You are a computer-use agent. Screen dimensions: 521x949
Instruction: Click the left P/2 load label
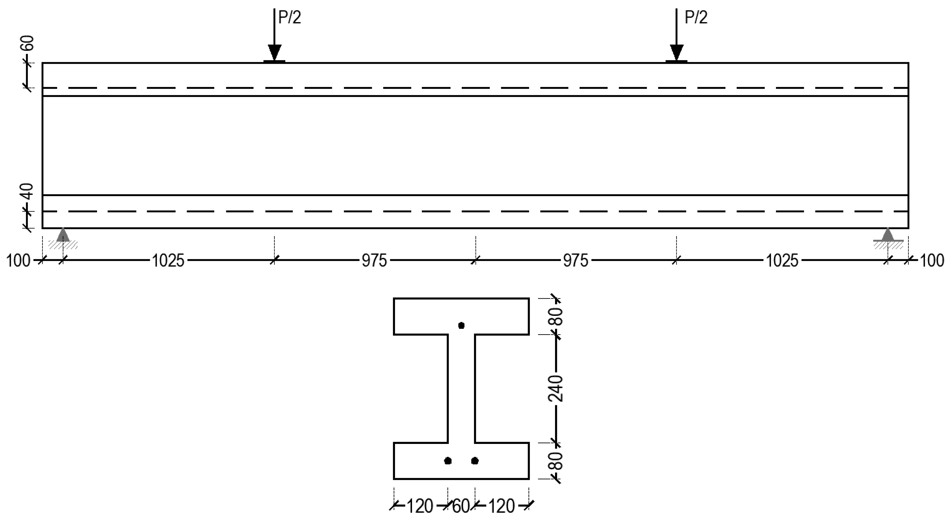(289, 18)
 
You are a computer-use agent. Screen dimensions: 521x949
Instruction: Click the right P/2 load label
(696, 18)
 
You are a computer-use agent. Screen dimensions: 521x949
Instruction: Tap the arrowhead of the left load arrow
(274, 52)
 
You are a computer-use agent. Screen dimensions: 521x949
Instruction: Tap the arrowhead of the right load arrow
(676, 52)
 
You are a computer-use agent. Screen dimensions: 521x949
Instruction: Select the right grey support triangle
(888, 235)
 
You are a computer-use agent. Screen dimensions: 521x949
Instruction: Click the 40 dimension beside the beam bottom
(28, 192)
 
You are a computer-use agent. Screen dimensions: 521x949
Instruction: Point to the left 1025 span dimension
(168, 261)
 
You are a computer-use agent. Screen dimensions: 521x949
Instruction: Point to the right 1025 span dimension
(782, 261)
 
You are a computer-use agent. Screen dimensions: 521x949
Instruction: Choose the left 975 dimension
(374, 261)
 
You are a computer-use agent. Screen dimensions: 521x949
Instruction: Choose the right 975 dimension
(576, 261)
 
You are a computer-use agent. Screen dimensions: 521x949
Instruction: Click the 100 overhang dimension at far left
(18, 261)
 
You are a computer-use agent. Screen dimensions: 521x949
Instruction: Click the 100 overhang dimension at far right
(932, 261)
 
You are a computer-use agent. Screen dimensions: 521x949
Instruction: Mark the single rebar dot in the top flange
(461, 325)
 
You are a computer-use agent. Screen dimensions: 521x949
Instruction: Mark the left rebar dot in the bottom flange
(448, 461)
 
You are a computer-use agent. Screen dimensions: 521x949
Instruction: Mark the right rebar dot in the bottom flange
(475, 461)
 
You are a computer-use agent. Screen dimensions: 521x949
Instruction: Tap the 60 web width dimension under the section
(461, 507)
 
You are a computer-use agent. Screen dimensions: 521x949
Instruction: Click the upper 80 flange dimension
(558, 316)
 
